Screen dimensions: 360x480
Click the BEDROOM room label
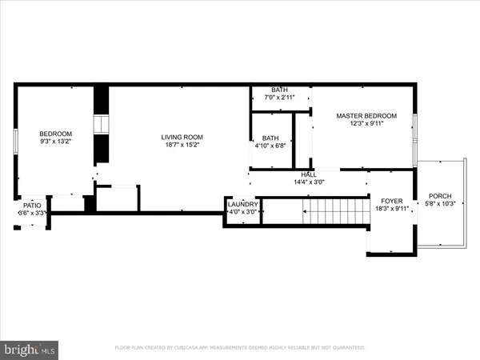tap(56, 134)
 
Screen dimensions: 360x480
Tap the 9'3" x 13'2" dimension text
tap(56, 142)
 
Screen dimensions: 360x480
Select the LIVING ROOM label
tap(182, 137)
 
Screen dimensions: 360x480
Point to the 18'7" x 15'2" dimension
tap(182, 146)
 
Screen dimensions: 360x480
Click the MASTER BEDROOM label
tap(364, 116)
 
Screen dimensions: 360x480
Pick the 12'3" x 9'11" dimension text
tap(364, 125)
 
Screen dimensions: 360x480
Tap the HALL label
tap(308, 174)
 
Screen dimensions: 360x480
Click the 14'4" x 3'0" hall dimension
tap(308, 182)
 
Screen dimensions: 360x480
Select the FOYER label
tap(392, 202)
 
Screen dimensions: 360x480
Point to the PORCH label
tap(440, 196)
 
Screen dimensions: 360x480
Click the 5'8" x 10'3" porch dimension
tap(440, 205)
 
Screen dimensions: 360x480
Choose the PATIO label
tap(31, 205)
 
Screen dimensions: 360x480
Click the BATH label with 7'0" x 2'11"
tap(279, 90)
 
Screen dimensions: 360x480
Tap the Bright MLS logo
tap(30, 349)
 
